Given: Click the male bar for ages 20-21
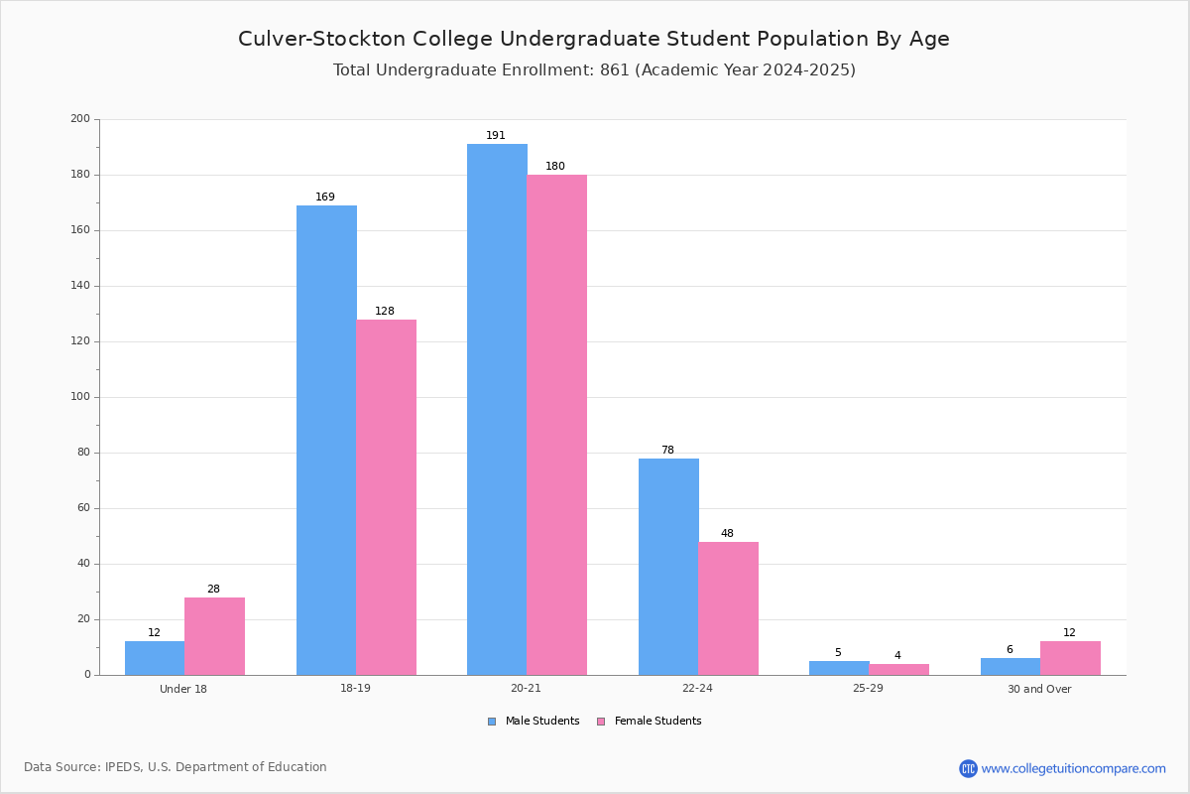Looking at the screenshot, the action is coord(497,410).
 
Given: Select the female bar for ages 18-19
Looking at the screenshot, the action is coord(386,497).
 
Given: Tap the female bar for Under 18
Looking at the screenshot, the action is coord(214,636).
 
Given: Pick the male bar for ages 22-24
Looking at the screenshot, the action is coord(668,567).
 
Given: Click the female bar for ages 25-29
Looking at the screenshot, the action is coord(899,670).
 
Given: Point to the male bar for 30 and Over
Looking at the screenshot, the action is coord(1011,666).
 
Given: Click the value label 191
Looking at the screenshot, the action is coord(496,136).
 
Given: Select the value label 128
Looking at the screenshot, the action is coord(385,311).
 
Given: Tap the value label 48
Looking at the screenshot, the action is coord(727,533).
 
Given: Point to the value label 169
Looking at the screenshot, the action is coord(325,198).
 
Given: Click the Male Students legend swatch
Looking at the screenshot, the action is coord(492,722).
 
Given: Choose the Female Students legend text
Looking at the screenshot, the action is coord(658,722).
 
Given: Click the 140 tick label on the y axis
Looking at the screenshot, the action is coord(80,286).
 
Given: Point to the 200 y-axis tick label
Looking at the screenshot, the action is coord(80,118).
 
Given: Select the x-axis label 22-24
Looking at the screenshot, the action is coord(697,688).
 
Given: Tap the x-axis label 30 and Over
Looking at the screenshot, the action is coord(1039,689).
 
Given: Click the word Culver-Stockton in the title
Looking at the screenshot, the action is coord(322,39).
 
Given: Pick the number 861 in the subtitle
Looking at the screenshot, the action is coord(615,70).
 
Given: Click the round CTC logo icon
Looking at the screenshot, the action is coord(968,768).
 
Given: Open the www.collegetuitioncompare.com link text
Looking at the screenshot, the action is coord(1074,769).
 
